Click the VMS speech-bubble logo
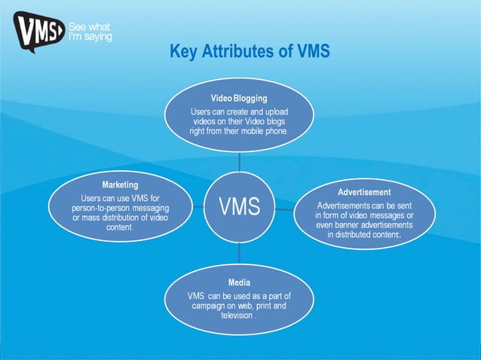(37, 32)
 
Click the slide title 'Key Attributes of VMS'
(250, 52)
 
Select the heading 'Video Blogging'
(239, 98)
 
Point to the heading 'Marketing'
(120, 184)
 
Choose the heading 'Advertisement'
(364, 192)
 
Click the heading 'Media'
(240, 282)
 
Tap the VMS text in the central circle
(240, 206)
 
